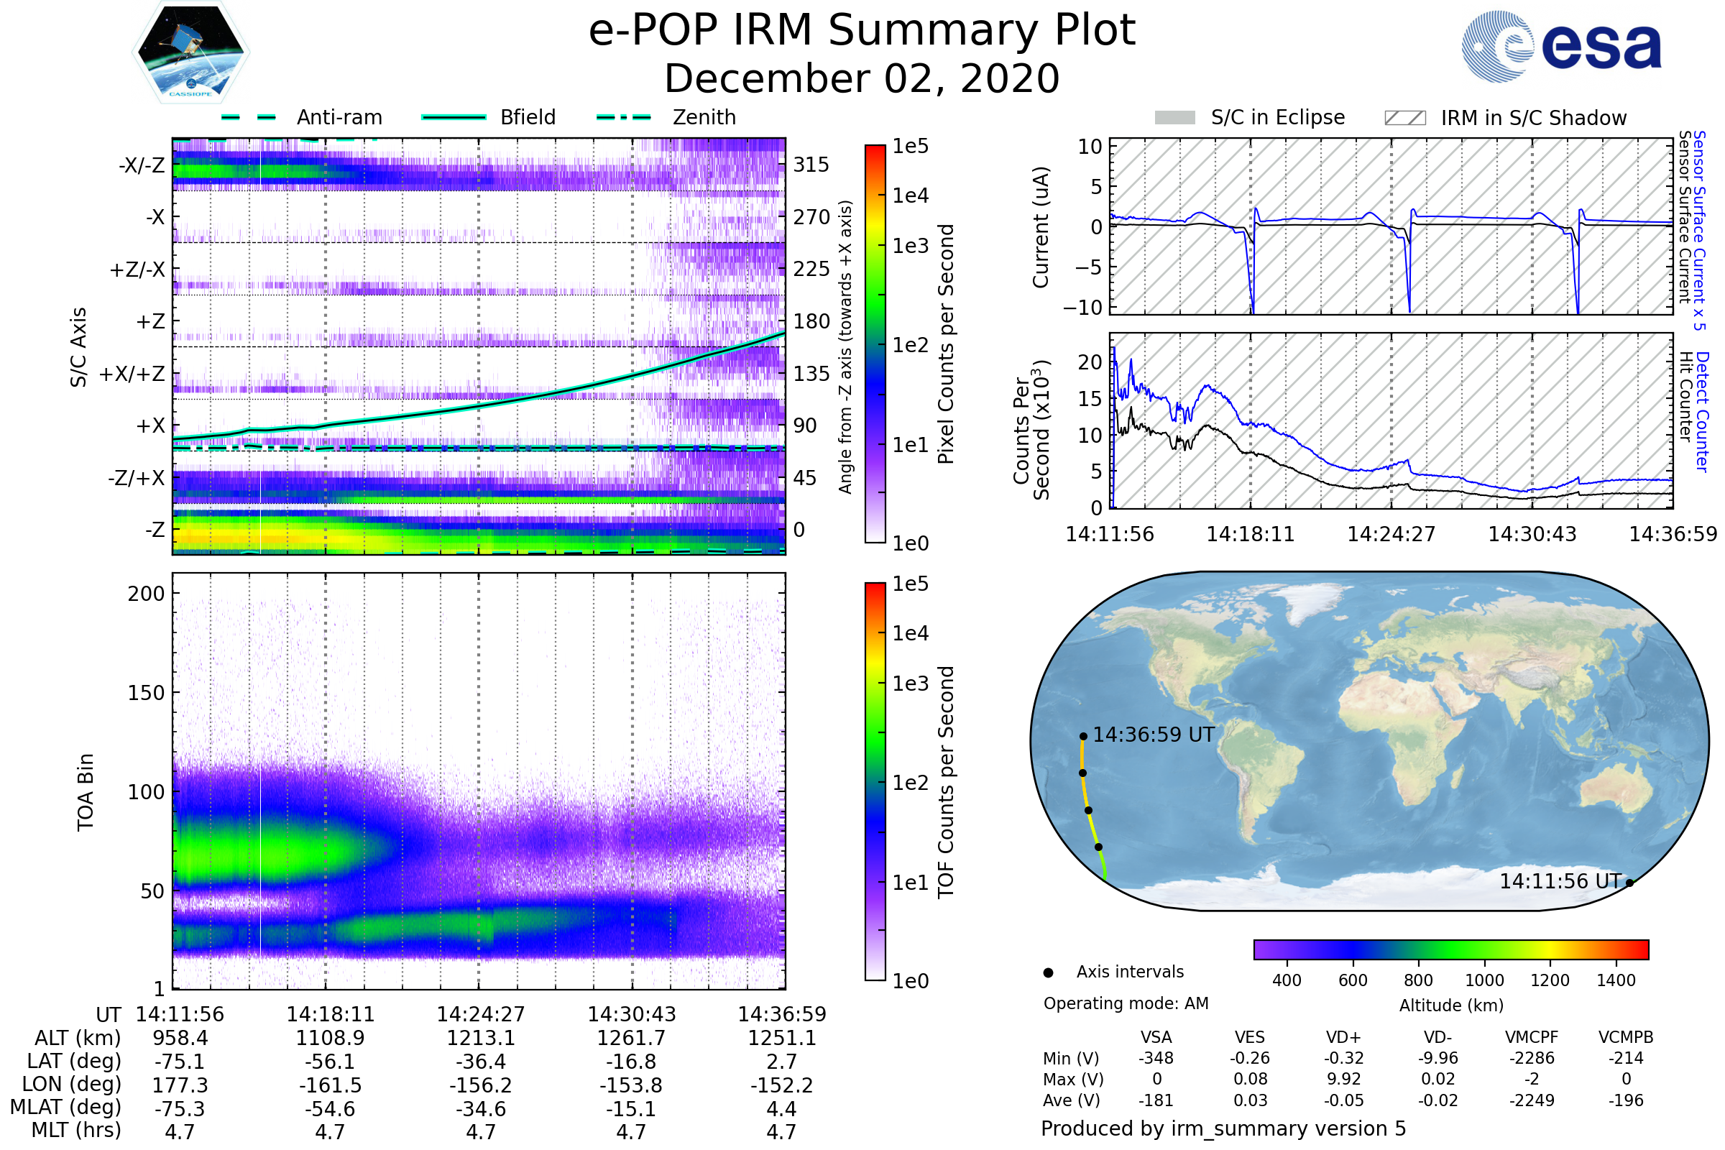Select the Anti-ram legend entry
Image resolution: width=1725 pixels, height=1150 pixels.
(339, 117)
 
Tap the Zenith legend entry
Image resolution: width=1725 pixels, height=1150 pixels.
(704, 117)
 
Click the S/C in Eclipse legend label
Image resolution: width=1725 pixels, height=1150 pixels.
(1277, 117)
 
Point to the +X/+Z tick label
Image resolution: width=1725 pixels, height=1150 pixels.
(132, 374)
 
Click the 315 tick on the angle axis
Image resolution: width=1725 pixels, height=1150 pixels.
(811, 165)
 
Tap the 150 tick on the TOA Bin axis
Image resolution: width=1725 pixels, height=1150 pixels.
(146, 693)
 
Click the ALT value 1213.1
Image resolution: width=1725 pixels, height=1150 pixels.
(480, 1038)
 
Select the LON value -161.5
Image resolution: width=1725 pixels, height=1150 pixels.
(330, 1085)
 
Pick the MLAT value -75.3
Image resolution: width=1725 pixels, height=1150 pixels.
(180, 1108)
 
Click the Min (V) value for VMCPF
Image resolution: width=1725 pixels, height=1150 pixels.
(1532, 1058)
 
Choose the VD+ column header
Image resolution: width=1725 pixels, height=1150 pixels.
(1343, 1037)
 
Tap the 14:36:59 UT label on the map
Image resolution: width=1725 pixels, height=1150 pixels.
(1154, 735)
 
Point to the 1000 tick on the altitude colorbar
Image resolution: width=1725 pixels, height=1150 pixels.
(1484, 980)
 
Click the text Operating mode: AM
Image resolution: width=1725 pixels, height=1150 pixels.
(1126, 1003)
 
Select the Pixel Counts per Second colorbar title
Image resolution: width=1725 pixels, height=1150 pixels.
(946, 344)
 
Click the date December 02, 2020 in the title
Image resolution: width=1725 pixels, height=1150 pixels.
(862, 78)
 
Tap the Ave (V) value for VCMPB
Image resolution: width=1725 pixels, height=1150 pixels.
(1626, 1100)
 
